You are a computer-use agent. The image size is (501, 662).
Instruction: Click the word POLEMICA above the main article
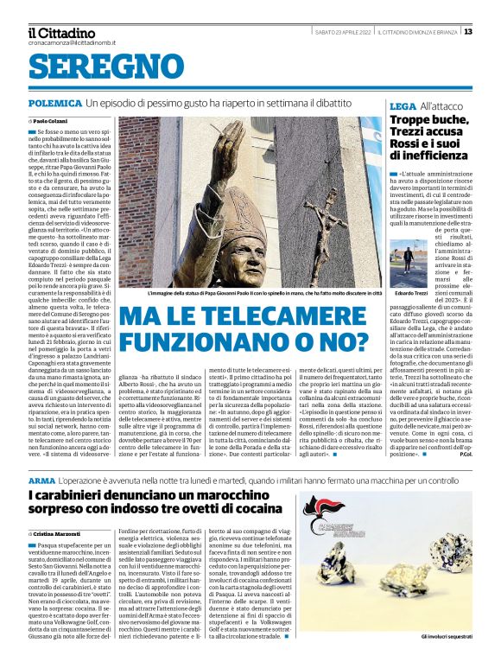tap(54, 103)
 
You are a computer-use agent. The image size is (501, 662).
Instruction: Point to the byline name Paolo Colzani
tap(51, 121)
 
